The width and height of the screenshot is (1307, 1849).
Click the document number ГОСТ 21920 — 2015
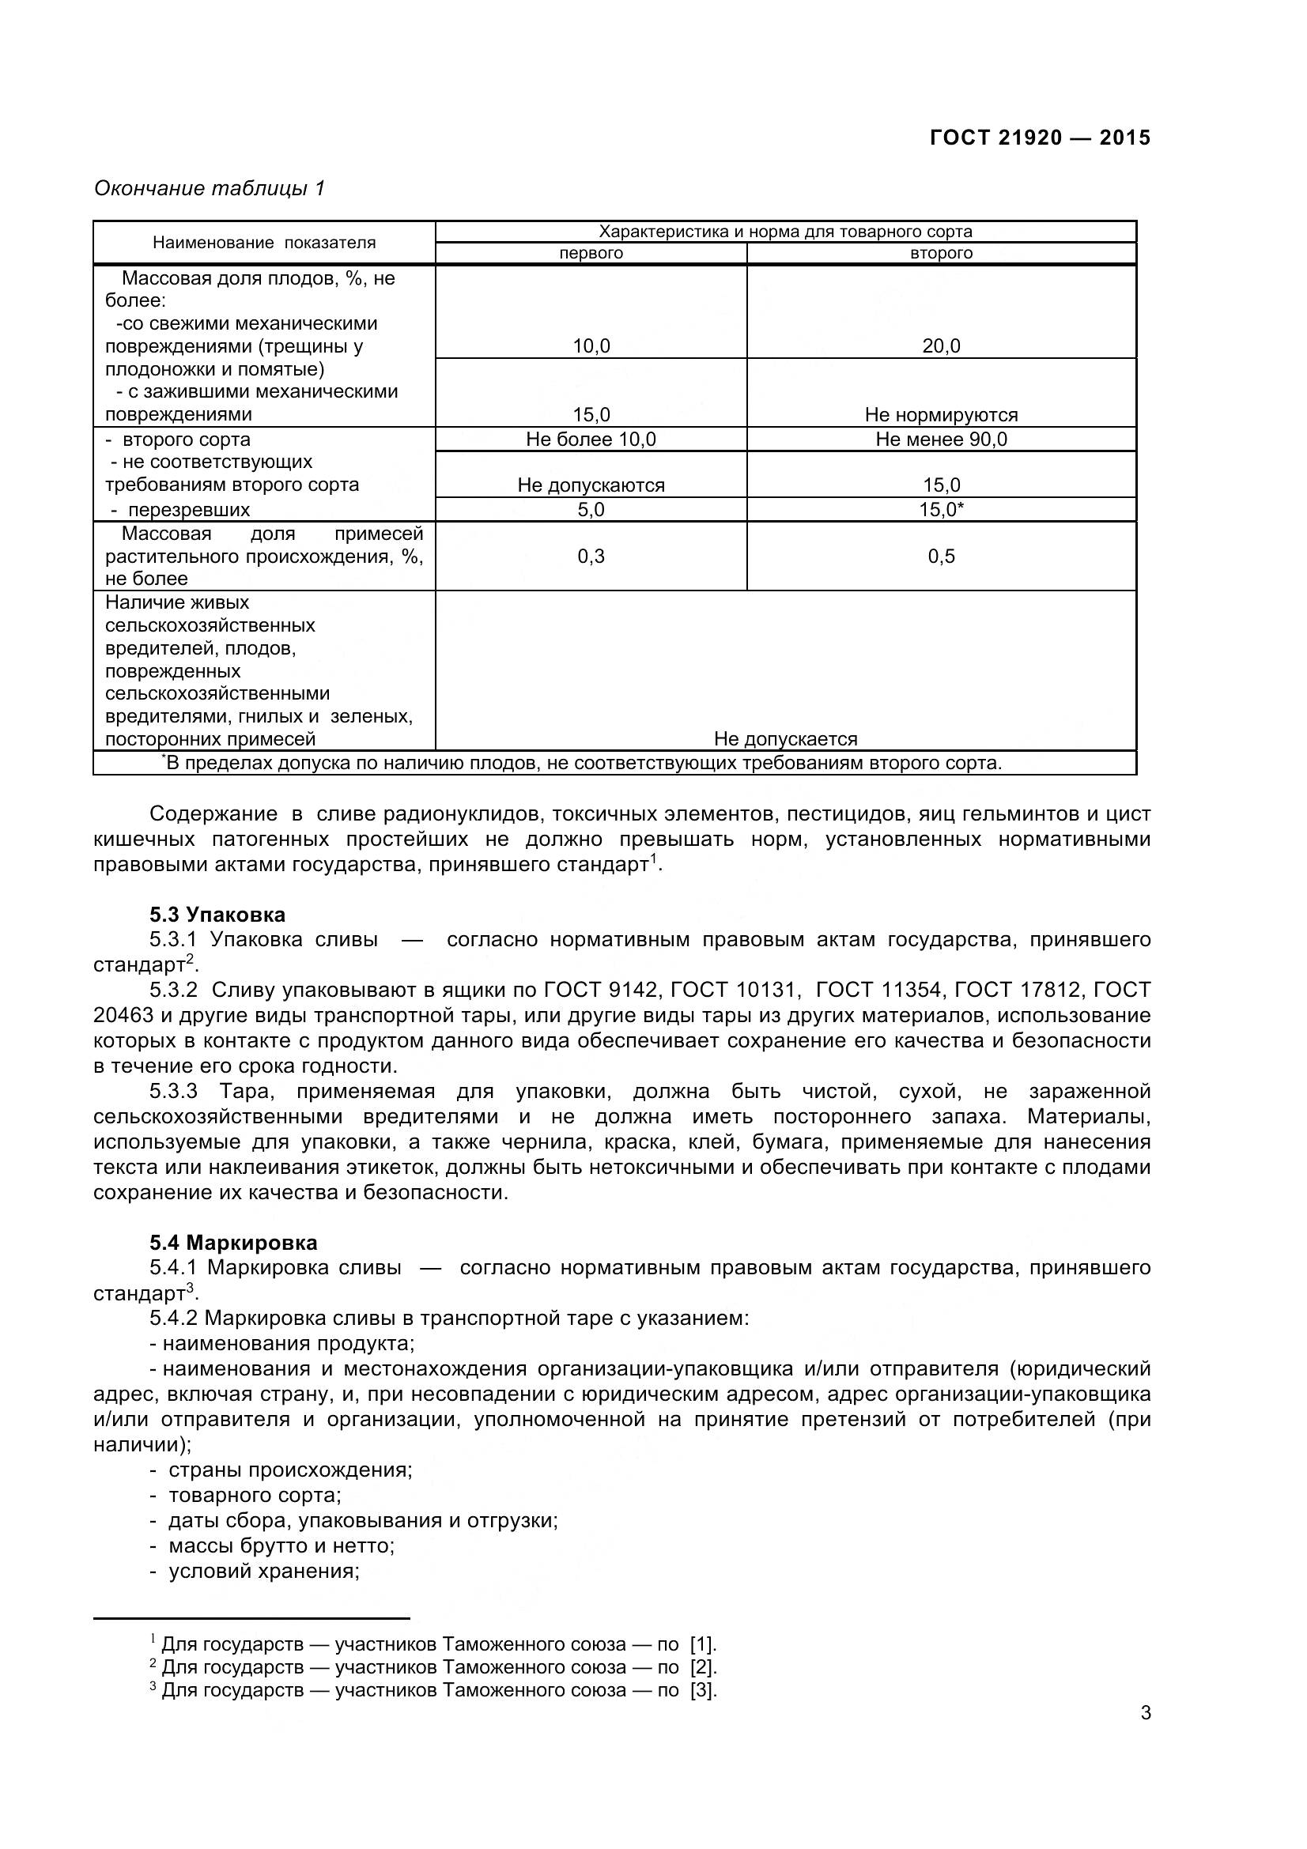tap(1040, 138)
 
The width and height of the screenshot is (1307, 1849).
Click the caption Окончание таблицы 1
tap(210, 188)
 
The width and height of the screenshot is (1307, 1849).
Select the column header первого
tap(591, 254)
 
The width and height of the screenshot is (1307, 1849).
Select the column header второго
tap(942, 254)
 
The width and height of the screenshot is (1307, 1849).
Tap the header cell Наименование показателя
tap(264, 243)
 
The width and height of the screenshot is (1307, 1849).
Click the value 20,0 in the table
tap(942, 346)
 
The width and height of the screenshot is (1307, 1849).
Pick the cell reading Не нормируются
tap(942, 415)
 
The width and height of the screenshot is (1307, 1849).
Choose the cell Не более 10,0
tap(591, 439)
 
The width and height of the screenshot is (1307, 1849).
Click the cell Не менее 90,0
tap(942, 439)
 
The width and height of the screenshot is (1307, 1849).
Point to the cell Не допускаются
tap(591, 485)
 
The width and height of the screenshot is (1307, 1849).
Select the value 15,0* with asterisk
tap(942, 510)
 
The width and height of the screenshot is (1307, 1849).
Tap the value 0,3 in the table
tap(591, 557)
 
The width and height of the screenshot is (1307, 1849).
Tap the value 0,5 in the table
tap(942, 557)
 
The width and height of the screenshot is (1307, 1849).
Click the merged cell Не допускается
tap(785, 739)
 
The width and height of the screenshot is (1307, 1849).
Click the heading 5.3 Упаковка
tap(217, 915)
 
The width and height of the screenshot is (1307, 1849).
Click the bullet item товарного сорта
tap(255, 1496)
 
